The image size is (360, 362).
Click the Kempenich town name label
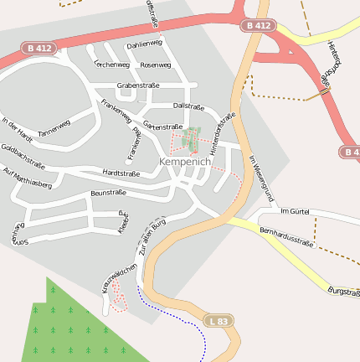click(x=186, y=160)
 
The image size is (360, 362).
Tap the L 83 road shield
click(x=219, y=321)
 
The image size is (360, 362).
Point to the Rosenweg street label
click(x=156, y=65)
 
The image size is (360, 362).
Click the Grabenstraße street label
click(x=137, y=85)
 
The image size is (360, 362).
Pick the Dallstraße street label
click(x=188, y=106)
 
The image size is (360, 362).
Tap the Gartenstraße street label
click(x=162, y=126)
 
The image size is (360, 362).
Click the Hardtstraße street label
click(x=121, y=173)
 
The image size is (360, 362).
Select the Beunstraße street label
click(x=107, y=193)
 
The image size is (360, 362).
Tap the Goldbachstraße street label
click(x=23, y=156)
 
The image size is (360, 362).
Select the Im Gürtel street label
click(x=295, y=210)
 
